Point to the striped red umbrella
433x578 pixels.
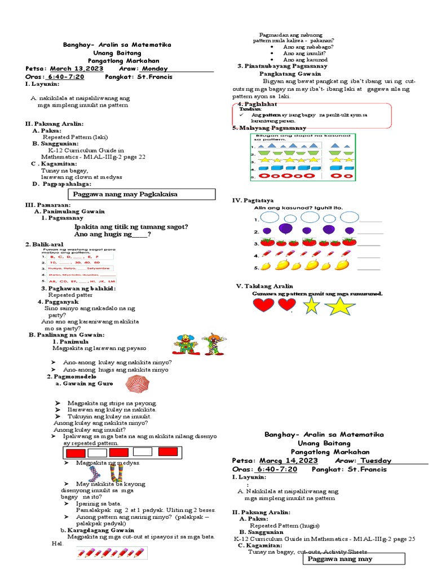pyautogui.click(x=138, y=385)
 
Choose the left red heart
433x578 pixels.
pyautogui.click(x=263, y=305)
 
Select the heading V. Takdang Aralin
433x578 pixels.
pyautogui.click(x=264, y=286)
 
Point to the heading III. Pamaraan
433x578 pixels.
pyautogui.click(x=48, y=204)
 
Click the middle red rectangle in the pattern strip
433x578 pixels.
pyautogui.click(x=118, y=453)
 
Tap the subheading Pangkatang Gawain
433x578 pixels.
pyautogui.click(x=290, y=74)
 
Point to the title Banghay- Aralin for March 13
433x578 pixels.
pyautogui.click(x=116, y=45)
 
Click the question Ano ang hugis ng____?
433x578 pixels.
pyautogui.click(x=113, y=234)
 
